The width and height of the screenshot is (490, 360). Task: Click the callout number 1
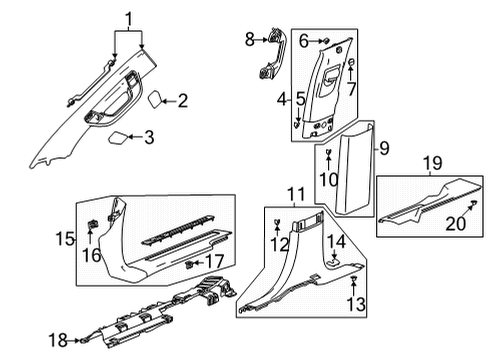(128, 17)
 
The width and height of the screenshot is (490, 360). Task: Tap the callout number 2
(182, 99)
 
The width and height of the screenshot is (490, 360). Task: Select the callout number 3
(149, 138)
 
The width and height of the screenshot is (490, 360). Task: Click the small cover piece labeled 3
(118, 136)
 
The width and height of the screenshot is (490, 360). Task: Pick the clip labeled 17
(190, 264)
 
